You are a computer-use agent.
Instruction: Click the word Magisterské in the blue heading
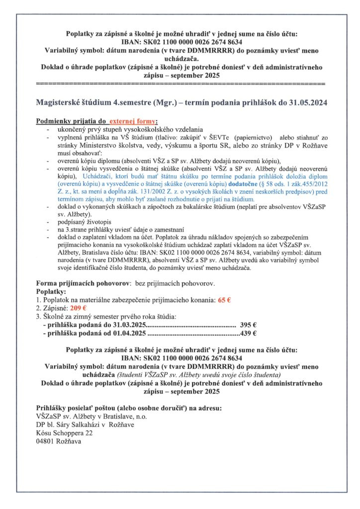tap(60, 102)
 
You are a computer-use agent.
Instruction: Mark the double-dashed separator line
tap(181, 81)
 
